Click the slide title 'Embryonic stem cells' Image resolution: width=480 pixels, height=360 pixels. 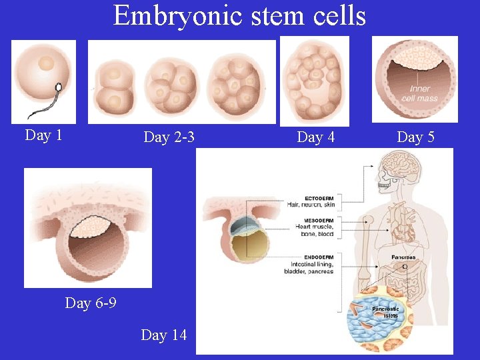coord(240,15)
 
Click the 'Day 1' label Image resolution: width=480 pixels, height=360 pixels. coord(43,135)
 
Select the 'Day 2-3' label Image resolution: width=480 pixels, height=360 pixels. coord(169,137)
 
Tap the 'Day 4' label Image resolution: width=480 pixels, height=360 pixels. coord(315,137)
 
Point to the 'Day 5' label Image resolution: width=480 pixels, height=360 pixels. coord(415,137)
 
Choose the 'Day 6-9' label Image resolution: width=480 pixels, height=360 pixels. coord(91,303)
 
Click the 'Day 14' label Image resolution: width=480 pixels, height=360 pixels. coord(164,335)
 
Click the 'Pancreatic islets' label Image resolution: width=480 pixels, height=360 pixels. coord(385,312)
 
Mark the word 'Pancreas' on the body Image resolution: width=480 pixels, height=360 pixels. coord(403,257)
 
